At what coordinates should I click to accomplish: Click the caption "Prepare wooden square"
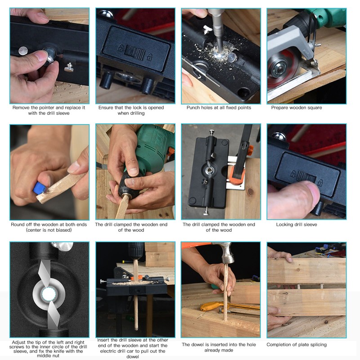(x=297, y=108)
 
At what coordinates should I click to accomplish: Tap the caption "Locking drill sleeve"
(x=297, y=225)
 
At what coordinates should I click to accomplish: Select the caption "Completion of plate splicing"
(x=297, y=345)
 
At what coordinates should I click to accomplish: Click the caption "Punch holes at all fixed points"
(x=219, y=108)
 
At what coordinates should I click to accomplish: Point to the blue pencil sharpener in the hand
(x=40, y=188)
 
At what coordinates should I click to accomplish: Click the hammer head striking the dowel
(x=226, y=252)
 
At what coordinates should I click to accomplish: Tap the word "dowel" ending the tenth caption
(x=133, y=356)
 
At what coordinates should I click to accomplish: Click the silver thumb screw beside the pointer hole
(x=68, y=67)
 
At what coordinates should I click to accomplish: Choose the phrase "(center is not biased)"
(x=49, y=230)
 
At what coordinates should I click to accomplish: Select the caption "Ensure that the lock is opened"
(x=131, y=108)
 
